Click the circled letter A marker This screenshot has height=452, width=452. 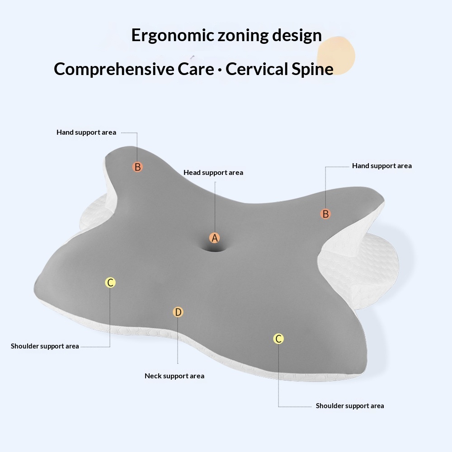(x=215, y=238)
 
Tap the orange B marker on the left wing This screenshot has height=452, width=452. (x=138, y=167)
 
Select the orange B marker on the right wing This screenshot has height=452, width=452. (x=325, y=214)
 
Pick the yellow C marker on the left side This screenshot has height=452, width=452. (x=110, y=283)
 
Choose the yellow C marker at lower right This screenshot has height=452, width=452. (x=279, y=339)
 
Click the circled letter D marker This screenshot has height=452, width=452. (x=178, y=312)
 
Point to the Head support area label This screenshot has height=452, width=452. (x=213, y=173)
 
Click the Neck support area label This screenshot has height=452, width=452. (x=174, y=376)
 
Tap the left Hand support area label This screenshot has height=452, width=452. (x=86, y=132)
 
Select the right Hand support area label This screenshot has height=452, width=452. (x=382, y=166)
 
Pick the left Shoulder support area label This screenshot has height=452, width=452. (x=45, y=346)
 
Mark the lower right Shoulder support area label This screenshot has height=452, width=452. (x=350, y=406)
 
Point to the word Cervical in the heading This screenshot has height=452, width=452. (x=256, y=69)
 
